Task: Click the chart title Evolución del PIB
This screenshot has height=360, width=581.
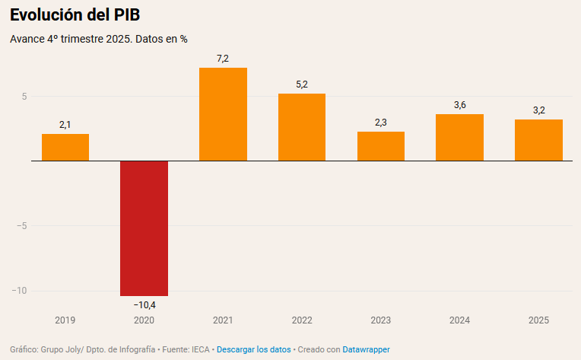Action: [x=75, y=15]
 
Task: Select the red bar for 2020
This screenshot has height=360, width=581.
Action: [x=144, y=228]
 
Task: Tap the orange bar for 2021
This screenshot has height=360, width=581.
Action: [x=223, y=114]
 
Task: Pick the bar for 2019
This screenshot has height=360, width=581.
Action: [x=65, y=148]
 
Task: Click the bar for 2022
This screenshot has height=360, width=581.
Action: [x=302, y=127]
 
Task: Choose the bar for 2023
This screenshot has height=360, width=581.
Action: [x=381, y=146]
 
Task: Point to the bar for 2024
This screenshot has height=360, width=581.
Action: [x=459, y=138]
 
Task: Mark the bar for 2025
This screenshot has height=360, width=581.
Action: [x=538, y=140]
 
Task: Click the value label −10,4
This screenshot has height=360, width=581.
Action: [x=144, y=305]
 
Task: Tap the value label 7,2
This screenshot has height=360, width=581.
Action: [x=223, y=59]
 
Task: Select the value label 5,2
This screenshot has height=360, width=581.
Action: [x=302, y=84]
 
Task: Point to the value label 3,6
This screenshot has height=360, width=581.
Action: [x=459, y=105]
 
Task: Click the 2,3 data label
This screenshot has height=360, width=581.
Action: [x=381, y=122]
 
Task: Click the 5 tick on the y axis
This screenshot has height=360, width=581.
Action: [x=24, y=97]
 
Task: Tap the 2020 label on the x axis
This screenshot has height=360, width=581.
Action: [x=144, y=320]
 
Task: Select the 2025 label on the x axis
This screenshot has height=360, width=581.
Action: [x=538, y=320]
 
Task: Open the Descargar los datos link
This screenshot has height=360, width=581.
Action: [x=254, y=349]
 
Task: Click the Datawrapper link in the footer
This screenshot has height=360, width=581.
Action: [x=366, y=349]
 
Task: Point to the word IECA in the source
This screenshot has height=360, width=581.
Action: [x=200, y=349]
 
